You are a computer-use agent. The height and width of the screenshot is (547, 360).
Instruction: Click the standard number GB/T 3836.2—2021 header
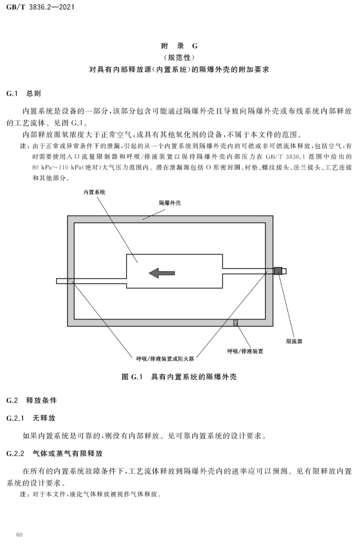pos(40,7)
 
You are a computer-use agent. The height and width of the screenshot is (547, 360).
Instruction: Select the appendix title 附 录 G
pos(180,46)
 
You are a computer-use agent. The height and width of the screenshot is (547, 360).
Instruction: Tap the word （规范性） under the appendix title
pos(180,58)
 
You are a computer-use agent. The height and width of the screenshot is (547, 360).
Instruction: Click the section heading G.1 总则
pos(24,93)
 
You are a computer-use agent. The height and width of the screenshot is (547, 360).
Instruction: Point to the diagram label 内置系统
pos(94,192)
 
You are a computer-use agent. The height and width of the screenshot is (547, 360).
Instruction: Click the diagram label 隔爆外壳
pos(170,203)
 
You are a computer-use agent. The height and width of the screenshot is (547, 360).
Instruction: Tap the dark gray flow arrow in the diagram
pos(162,273)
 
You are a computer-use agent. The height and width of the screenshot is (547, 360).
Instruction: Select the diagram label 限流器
pos(294,341)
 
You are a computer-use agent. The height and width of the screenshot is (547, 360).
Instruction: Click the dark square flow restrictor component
pos(278,271)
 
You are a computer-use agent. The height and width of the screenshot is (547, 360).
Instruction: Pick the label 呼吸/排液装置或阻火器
pos(165,359)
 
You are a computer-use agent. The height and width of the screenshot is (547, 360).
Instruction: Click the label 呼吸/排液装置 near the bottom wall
pos(245,351)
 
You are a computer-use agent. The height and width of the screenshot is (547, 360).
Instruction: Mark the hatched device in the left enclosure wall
pos(71,281)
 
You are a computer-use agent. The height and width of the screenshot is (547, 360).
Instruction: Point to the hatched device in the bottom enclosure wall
pos(236,323)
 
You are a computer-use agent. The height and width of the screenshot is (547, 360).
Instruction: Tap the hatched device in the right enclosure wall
pos(270,271)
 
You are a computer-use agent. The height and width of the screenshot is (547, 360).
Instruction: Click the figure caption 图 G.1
pos(132,377)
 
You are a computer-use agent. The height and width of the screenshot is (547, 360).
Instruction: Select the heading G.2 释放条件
pos(32,400)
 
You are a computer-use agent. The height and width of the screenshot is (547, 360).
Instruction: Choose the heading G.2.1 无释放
pos(31,418)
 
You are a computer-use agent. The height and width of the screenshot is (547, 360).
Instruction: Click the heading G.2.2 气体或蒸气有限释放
pos(54,453)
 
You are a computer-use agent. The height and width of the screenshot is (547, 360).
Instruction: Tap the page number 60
pos(19,535)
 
